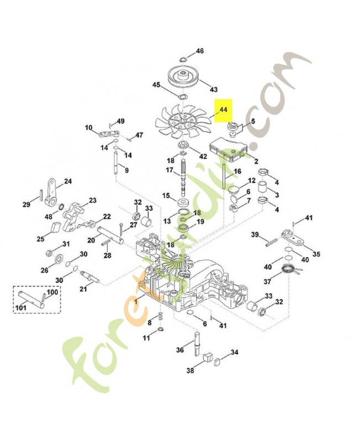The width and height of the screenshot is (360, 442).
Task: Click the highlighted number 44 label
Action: coord(223,110)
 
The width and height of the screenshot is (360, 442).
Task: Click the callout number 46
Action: coord(200,51)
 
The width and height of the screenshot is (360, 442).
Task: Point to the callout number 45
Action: coord(157,85)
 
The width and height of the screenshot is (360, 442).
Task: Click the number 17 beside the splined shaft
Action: coord(170,170)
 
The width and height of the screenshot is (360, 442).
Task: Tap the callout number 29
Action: coord(26,206)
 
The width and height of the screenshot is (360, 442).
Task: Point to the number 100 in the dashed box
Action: coord(51,292)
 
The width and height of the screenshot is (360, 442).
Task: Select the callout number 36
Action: coord(180,350)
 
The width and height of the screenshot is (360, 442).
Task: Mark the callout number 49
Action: coord(120,121)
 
